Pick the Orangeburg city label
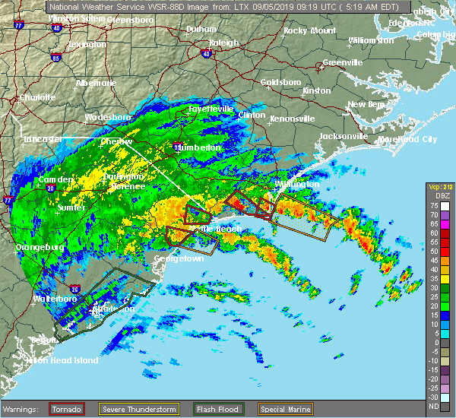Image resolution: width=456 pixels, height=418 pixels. [x=37, y=247]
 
